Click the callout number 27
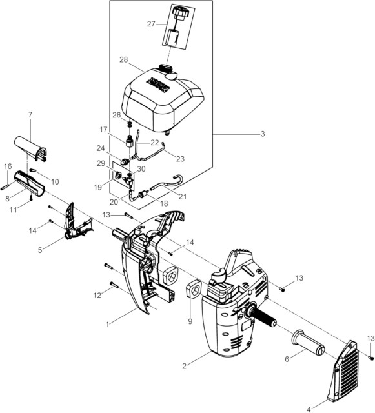point(151,24)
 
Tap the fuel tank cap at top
point(179,14)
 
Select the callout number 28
point(123,60)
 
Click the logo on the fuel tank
point(157,84)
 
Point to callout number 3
point(263,134)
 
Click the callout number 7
point(30,115)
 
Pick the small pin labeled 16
point(6,187)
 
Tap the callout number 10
point(55,181)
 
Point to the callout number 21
point(183,196)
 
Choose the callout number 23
point(180,159)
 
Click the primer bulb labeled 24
point(125,161)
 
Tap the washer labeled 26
point(129,124)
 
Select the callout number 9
point(190,321)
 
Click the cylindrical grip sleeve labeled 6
point(308,341)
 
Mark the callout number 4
point(309,409)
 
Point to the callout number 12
point(97,296)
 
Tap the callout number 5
point(40,250)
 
